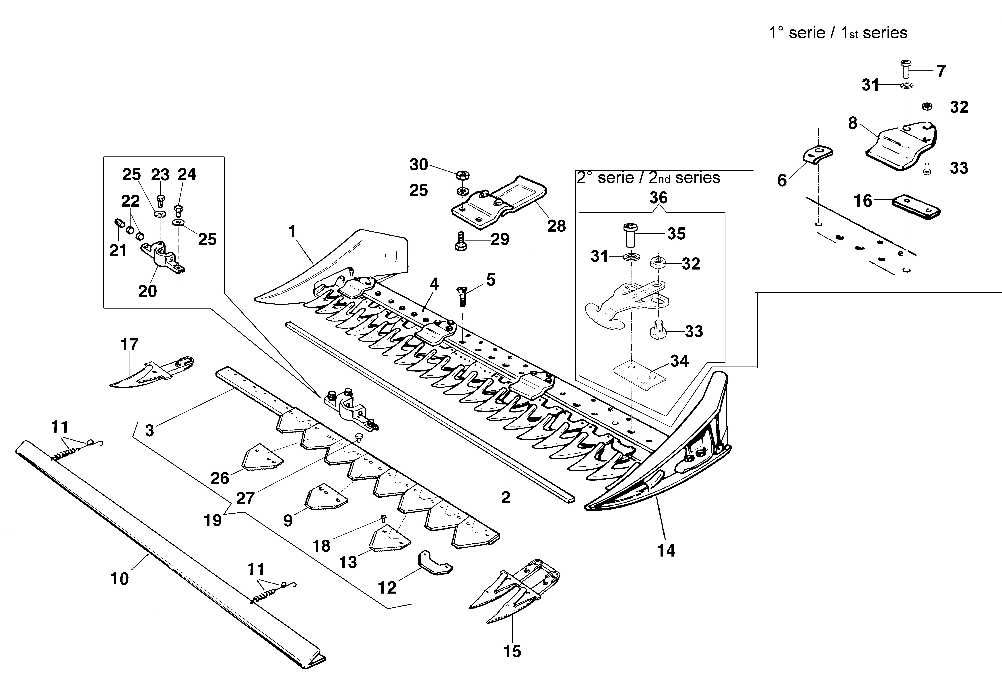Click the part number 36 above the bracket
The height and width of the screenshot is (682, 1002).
(658, 198)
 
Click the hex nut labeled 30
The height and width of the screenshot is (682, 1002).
(463, 175)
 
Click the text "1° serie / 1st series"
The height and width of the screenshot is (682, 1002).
(838, 33)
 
